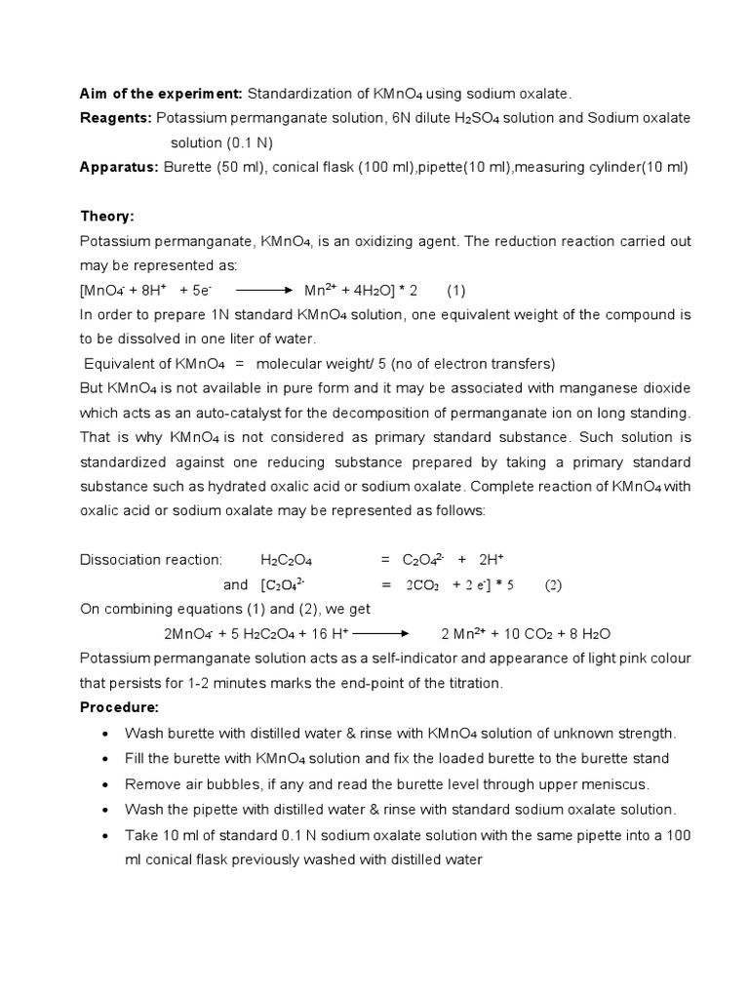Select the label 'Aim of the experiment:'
pos(161,94)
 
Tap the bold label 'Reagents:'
pos(115,118)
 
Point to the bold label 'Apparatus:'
pos(119,167)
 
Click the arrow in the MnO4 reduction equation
pos(264,291)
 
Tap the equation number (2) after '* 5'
pos(553,585)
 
